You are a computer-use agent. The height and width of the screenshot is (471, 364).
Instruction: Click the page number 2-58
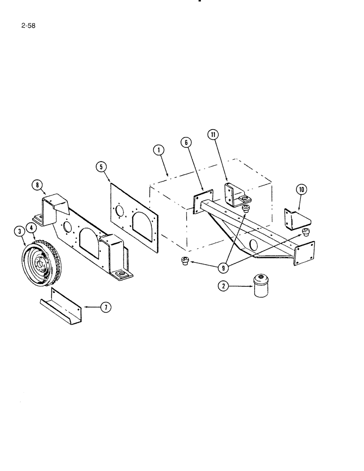pos(27,26)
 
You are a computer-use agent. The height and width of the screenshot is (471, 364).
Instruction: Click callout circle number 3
pos(19,231)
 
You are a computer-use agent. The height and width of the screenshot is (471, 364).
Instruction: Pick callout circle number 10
pos(301,189)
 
